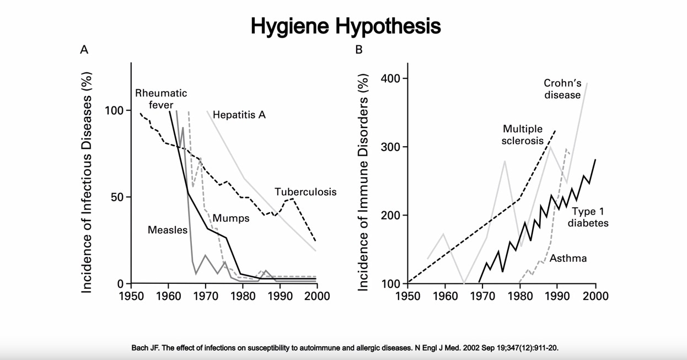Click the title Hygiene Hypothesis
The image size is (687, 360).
click(346, 26)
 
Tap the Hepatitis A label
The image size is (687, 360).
click(239, 115)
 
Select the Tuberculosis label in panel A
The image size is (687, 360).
click(305, 192)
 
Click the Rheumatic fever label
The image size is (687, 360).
click(161, 99)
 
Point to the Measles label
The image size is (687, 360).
click(168, 230)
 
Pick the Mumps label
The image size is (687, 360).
click(231, 218)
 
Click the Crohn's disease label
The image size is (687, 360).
click(562, 89)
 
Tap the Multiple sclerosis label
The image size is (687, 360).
click(523, 135)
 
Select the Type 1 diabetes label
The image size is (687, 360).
click(588, 217)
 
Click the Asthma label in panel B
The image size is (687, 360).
click(568, 258)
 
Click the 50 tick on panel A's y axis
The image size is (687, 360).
click(117, 197)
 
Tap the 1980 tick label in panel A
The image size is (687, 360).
click(243, 296)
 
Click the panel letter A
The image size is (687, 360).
click(84, 50)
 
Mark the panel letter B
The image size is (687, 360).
click(359, 50)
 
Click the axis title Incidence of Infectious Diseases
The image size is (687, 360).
click(87, 182)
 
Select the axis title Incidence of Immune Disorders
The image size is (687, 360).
click(363, 182)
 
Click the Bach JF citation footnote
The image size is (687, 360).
click(345, 348)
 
